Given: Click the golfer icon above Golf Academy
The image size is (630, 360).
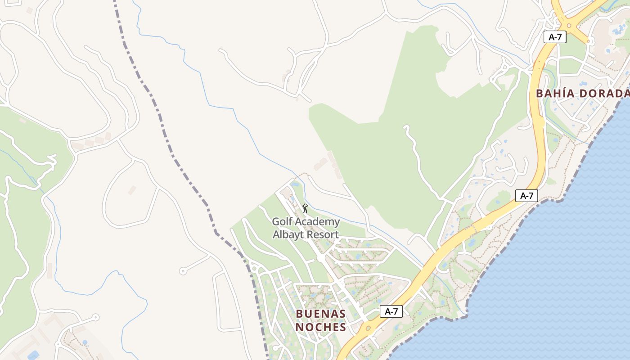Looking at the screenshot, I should click(x=305, y=208).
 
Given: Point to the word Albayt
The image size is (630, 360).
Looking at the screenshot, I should click(x=288, y=234).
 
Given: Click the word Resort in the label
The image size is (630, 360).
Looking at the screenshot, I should click(x=322, y=234).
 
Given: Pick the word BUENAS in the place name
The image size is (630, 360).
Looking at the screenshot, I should click(x=321, y=313).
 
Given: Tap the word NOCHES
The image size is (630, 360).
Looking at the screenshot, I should click(x=321, y=327).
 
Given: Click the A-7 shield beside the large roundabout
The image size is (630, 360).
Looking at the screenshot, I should click(x=554, y=37).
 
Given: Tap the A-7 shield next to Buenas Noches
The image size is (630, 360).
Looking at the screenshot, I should click(x=391, y=311).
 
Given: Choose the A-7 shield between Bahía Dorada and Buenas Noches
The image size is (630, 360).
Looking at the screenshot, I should click(x=526, y=196).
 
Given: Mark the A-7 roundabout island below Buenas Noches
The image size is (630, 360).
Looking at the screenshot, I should click(x=369, y=328).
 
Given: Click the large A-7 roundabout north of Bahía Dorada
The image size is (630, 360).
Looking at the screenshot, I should click(x=573, y=25).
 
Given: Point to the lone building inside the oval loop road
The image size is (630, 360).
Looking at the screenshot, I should click(x=132, y=190).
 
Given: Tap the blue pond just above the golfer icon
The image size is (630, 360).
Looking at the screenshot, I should click(x=295, y=184).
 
